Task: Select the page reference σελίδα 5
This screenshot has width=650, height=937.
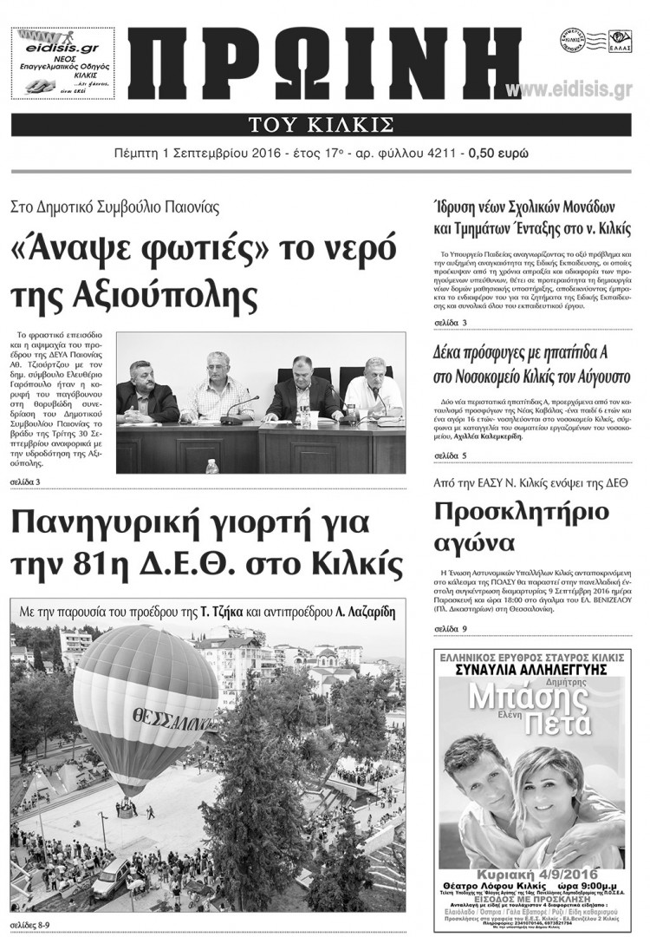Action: (x=451, y=455)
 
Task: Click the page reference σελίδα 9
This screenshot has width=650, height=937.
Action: (x=451, y=628)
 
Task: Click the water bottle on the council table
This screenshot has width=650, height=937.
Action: (x=211, y=467)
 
